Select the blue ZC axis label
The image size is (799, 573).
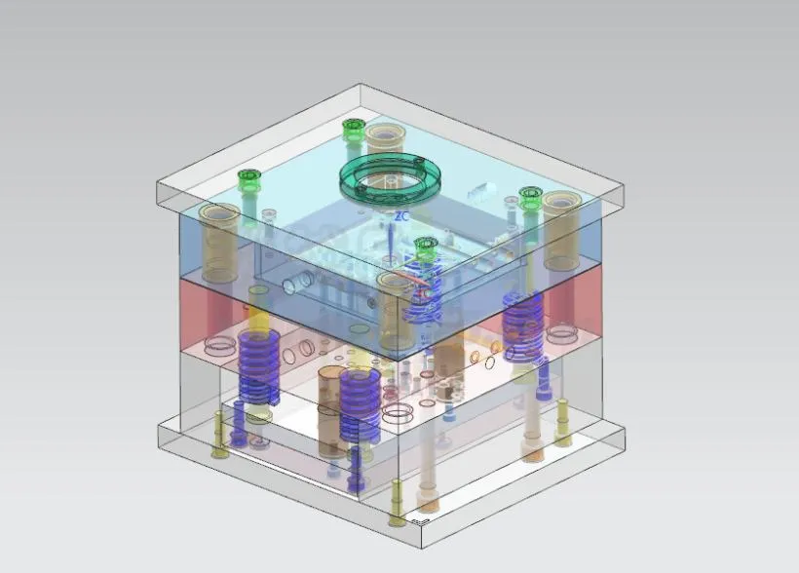coord(400,216)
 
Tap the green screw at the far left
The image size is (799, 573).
coord(249,179)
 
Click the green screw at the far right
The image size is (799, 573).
coord(530,198)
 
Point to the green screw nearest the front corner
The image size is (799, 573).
coord(425,248)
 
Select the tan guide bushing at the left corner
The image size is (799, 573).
coord(219,230)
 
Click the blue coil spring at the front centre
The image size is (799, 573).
coord(360,403)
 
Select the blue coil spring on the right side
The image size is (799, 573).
coord(523,327)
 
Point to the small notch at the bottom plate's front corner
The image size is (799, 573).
coord(419,522)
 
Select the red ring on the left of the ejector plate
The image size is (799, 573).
coord(221,344)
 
